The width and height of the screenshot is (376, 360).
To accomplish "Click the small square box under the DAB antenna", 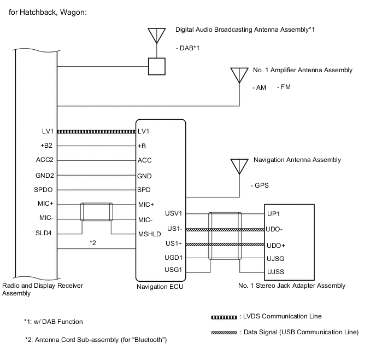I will [x=157, y=67].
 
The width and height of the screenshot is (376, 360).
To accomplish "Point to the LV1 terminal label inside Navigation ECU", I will [x=144, y=132].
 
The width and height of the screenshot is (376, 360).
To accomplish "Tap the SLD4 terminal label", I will [x=44, y=233].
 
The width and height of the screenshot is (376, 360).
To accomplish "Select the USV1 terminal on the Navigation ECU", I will [x=173, y=214].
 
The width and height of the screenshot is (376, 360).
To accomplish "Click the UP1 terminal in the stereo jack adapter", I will [x=273, y=214].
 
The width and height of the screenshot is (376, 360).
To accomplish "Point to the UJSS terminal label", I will [x=275, y=271].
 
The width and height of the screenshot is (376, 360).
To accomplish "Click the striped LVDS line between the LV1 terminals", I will [x=96, y=132].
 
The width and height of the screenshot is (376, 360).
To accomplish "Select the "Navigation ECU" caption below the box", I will [x=160, y=286].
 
